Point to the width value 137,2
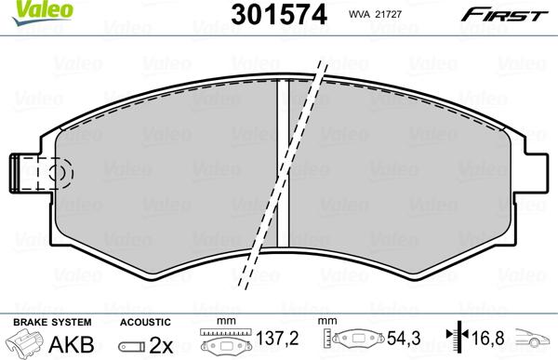click(278, 341)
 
